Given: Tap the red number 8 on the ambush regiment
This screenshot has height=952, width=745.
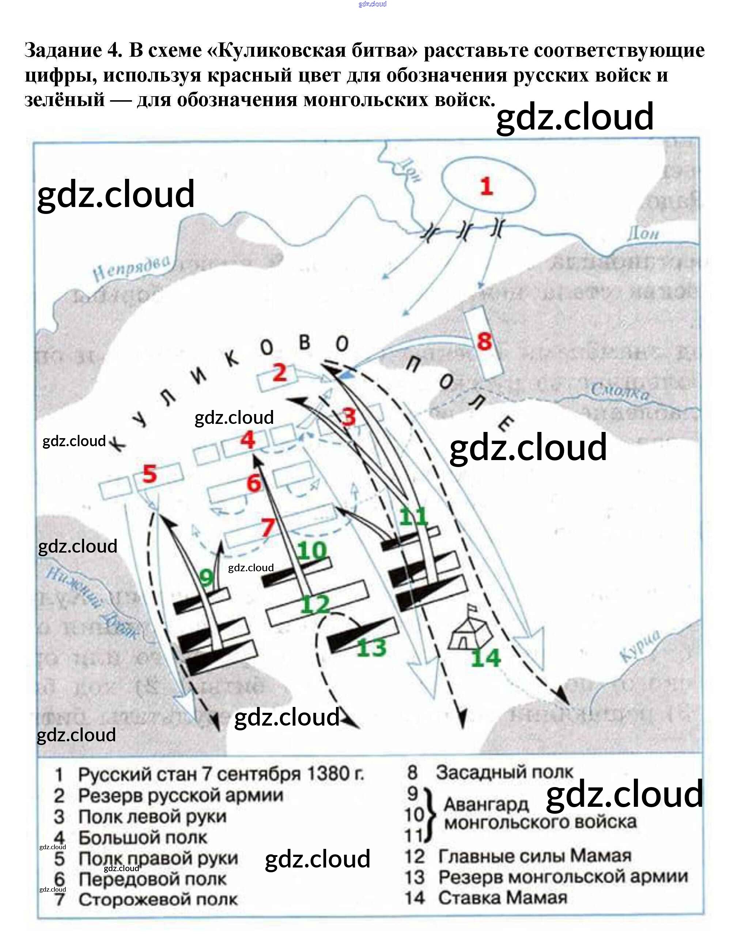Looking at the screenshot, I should [x=484, y=341].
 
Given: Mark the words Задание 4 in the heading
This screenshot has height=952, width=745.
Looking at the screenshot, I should [x=73, y=50].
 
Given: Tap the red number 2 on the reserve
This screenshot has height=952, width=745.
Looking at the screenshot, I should [x=280, y=372].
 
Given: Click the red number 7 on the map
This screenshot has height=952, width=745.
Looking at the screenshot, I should [x=268, y=527].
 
